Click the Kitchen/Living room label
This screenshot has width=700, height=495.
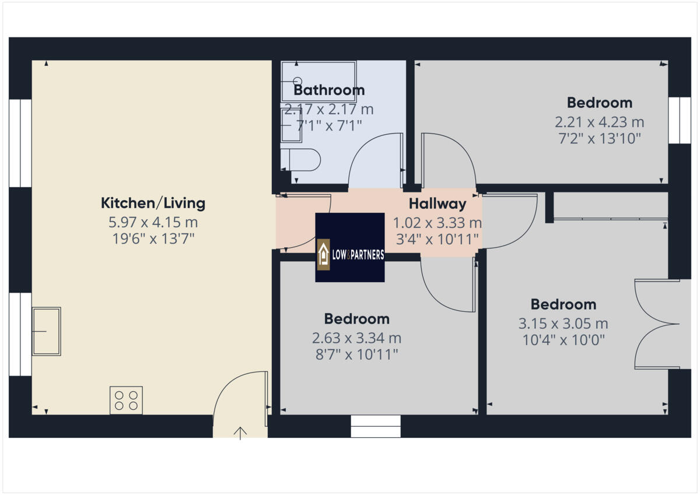pyautogui.click(x=153, y=203)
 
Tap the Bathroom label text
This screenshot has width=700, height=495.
pyautogui.click(x=329, y=90)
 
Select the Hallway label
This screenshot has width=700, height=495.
pyautogui.click(x=437, y=204)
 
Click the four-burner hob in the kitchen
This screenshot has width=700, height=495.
pyautogui.click(x=126, y=401)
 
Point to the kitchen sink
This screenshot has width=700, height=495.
pyautogui.click(x=46, y=331)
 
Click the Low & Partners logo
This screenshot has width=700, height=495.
pyautogui.click(x=350, y=248)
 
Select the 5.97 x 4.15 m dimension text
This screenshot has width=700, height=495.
pyautogui.click(x=153, y=222)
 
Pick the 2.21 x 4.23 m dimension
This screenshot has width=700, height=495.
pyautogui.click(x=600, y=122)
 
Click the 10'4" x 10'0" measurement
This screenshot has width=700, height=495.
pyautogui.click(x=563, y=340)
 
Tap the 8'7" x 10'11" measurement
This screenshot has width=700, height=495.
pyautogui.click(x=357, y=354)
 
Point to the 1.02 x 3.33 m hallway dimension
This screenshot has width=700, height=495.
pyautogui.click(x=437, y=223)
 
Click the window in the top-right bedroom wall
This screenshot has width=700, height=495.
pyautogui.click(x=679, y=120)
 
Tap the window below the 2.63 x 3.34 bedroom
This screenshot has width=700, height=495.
pyautogui.click(x=376, y=426)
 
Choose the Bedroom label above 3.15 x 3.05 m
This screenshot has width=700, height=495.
pyautogui.click(x=563, y=304)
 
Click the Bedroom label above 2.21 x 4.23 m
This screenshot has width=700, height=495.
pyautogui.click(x=600, y=103)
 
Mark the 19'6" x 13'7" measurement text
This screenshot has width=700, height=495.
pyautogui.click(x=153, y=238)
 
